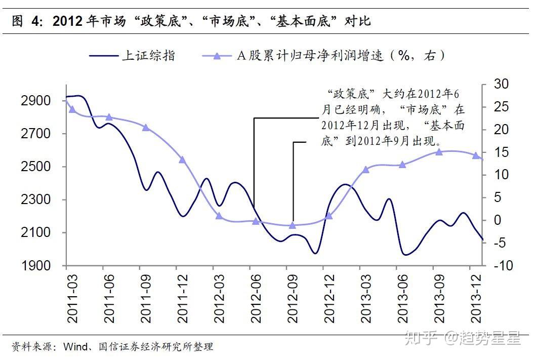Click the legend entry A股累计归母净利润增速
[324, 55]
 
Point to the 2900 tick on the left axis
[36, 101]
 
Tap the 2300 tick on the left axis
[36, 199]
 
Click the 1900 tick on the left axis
[36, 265]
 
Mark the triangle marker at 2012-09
[292, 225]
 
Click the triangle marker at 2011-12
[182, 159]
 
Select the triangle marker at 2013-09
[439, 151]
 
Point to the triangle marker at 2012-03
[219, 216]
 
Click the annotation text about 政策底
[392, 117]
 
